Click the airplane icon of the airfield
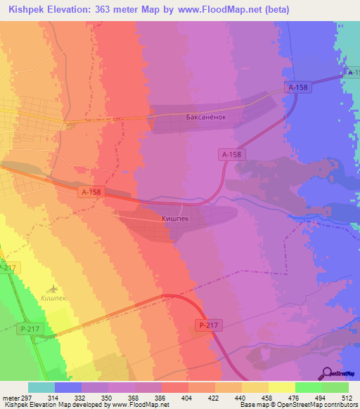[x=54, y=288]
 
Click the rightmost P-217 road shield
[x=207, y=325]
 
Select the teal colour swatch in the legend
[x=41, y=387]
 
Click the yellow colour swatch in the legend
[x=281, y=387]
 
